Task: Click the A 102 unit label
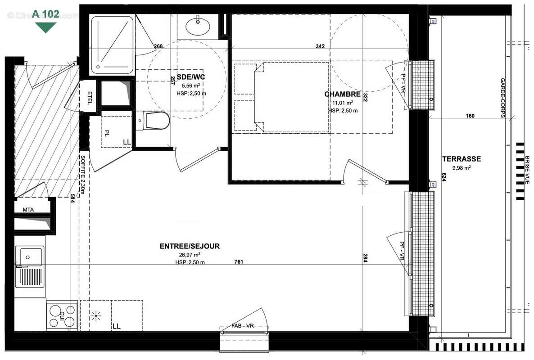click(x=45, y=14)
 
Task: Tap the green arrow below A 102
click(x=45, y=27)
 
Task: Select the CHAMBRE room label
click(x=342, y=94)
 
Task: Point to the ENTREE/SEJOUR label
click(x=190, y=246)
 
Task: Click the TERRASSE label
click(x=461, y=159)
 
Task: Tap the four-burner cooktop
click(x=62, y=315)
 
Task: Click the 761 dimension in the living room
click(x=239, y=262)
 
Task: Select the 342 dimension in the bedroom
click(x=320, y=46)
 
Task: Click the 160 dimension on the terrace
click(x=470, y=116)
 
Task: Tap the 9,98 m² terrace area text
click(x=461, y=168)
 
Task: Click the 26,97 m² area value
click(x=190, y=255)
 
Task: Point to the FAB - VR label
click(x=244, y=326)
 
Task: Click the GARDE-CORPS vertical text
click(x=502, y=98)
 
